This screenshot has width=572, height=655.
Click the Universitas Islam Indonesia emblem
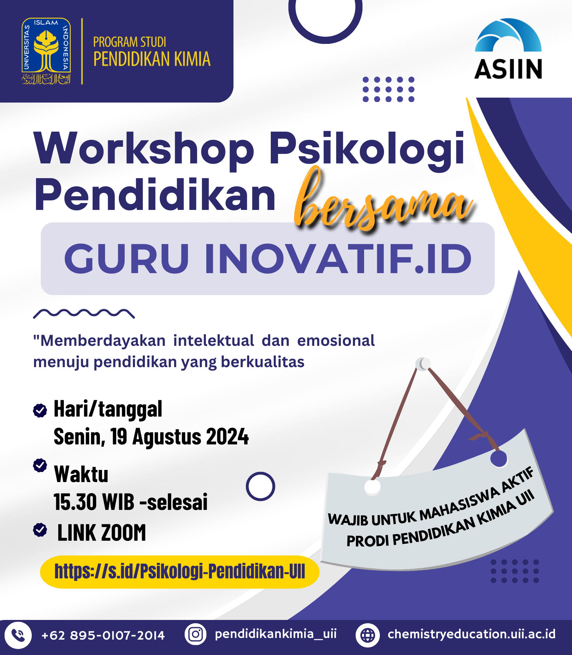(46, 51)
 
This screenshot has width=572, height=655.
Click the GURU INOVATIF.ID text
(268, 259)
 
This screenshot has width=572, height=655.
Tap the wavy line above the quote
(84, 313)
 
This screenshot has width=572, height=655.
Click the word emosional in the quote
(336, 341)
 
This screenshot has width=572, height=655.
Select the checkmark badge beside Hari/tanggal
(40, 410)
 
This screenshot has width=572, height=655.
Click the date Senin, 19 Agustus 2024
(151, 437)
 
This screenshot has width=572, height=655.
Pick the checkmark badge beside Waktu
(40, 465)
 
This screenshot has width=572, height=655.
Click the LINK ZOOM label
(101, 533)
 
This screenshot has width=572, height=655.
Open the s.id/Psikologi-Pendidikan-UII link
(180, 571)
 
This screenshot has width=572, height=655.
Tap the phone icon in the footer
(18, 635)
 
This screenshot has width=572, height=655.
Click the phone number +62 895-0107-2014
(103, 636)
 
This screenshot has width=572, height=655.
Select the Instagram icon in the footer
(195, 634)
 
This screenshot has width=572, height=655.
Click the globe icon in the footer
(368, 635)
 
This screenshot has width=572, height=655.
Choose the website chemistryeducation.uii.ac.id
(471, 634)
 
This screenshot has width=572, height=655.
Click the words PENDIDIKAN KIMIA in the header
(152, 59)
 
